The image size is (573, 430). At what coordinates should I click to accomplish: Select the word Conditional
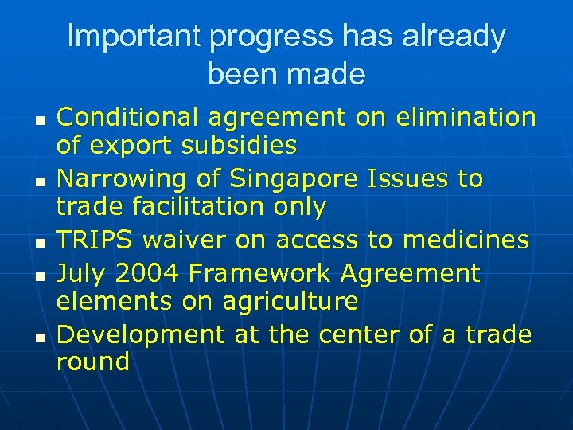pyautogui.click(x=127, y=117)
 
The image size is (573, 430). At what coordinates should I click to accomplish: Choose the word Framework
pyautogui.click(x=262, y=274)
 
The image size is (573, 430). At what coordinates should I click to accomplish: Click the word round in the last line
pyautogui.click(x=92, y=362)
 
